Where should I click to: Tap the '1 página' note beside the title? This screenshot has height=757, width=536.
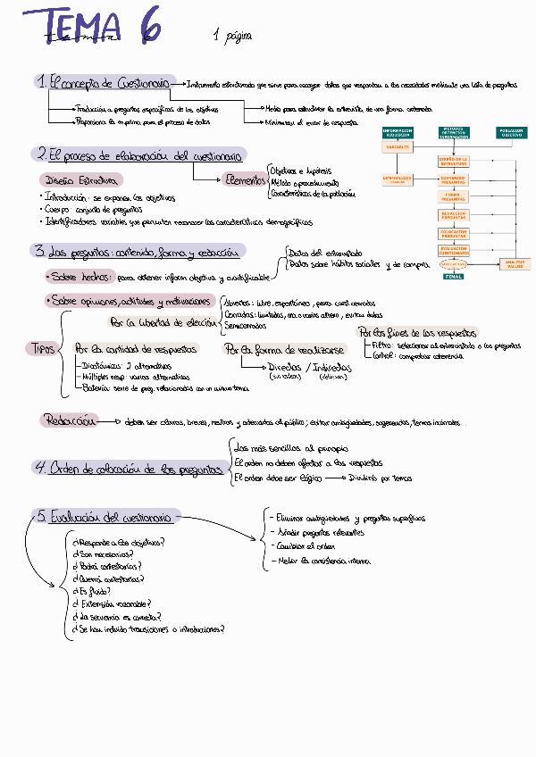232,37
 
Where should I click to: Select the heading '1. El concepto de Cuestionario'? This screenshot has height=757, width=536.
102,82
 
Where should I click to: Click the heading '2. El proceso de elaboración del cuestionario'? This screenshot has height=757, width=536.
139,154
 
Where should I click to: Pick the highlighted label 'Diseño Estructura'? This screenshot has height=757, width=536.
80,179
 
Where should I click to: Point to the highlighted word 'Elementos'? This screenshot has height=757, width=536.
244,179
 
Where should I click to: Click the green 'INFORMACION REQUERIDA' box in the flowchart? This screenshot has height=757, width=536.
398,133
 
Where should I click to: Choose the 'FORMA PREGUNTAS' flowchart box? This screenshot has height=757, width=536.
453,196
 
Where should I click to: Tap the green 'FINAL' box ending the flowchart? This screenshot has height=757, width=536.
453,277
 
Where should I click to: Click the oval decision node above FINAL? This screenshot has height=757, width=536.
453,264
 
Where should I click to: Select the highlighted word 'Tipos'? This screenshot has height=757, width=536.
42,347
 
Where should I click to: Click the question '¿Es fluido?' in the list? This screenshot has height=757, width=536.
90,591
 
